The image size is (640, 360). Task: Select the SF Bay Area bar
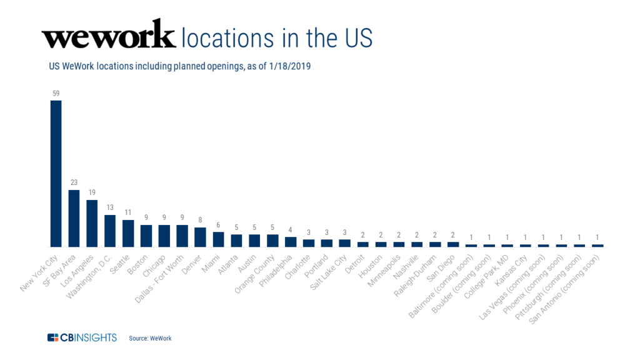coord(74,218)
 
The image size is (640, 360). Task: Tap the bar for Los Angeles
coord(92,223)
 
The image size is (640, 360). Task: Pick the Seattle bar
coord(128,233)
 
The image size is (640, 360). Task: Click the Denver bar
coord(200,237)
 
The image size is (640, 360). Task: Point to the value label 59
coord(56,94)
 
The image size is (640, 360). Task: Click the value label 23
coord(74,183)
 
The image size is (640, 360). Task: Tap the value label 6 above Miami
coord(218,226)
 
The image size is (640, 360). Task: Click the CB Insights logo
coord(82,337)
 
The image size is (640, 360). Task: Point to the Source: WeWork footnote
coord(150,338)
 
